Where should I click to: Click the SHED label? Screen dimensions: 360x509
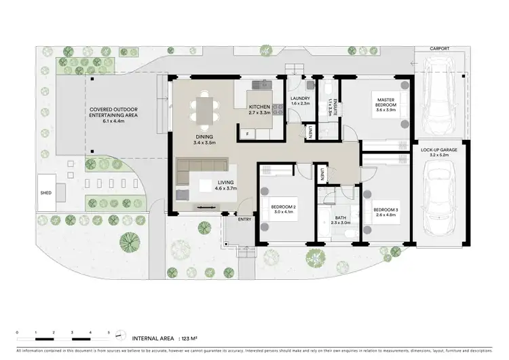click(x=46, y=193)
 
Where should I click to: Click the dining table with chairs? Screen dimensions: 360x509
click(x=204, y=110)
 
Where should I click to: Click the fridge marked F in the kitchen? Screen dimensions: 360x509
click(x=248, y=133)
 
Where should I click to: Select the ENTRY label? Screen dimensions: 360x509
click(x=244, y=219)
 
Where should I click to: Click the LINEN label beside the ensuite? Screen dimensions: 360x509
click(x=309, y=132)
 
